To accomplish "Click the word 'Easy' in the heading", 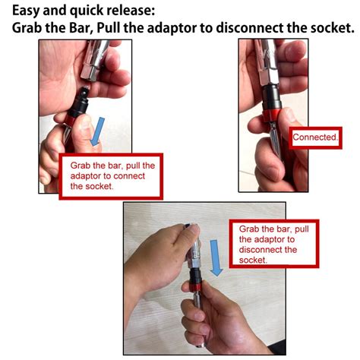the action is (26, 11).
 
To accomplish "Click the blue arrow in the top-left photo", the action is (98, 131).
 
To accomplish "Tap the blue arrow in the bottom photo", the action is (216, 257).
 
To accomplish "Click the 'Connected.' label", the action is (315, 137).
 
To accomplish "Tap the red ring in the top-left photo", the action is (72, 120).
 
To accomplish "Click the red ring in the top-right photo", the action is (270, 115).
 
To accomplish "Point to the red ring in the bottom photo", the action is (195, 286).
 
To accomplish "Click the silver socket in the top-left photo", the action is (95, 60).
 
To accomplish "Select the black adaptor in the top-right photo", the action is (271, 98).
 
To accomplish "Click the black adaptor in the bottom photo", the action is (195, 276).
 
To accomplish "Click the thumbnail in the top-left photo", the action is (85, 125).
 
